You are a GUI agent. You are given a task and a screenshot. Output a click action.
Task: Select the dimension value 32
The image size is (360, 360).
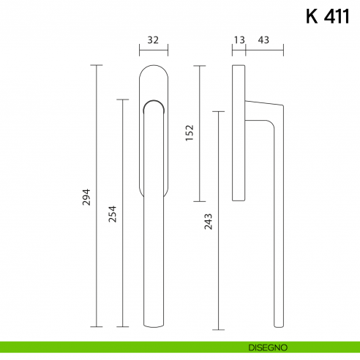[x=153, y=40]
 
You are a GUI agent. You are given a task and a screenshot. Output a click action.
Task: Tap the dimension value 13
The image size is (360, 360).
[x=239, y=40]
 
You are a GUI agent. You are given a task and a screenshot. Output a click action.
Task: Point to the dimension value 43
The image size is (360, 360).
[x=261, y=40]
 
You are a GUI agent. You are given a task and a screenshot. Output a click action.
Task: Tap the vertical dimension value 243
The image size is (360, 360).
[x=208, y=221]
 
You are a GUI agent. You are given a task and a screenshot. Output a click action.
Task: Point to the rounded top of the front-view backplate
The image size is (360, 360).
[x=153, y=69]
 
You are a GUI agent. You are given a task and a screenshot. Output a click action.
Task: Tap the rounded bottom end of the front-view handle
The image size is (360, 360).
[x=153, y=324]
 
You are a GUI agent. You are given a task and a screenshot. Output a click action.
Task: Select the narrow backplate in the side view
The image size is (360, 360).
[x=239, y=132]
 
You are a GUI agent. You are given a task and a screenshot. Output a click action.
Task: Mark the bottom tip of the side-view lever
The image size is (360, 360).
[x=277, y=324]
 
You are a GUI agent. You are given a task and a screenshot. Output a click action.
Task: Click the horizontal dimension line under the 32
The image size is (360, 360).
[x=153, y=51]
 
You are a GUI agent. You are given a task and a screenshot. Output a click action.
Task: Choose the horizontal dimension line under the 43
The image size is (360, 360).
[x=264, y=51]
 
